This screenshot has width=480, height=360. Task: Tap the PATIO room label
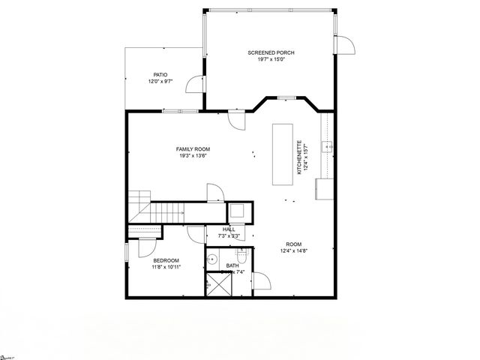pyautogui.click(x=160, y=74)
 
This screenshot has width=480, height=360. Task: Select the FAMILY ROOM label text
pyautogui.click(x=193, y=149)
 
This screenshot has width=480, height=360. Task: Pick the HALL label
pyautogui.click(x=229, y=229)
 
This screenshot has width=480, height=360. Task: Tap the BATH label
pyautogui.click(x=232, y=265)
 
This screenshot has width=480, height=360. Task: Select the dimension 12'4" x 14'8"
pyautogui.click(x=294, y=251)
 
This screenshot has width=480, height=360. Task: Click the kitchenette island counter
pyautogui.click(x=282, y=154)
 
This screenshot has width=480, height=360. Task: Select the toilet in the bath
pyautogui.click(x=239, y=253)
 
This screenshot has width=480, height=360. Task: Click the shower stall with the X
pyautogui.click(x=217, y=285)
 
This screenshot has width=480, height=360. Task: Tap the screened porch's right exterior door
pyautogui.click(x=346, y=45)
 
